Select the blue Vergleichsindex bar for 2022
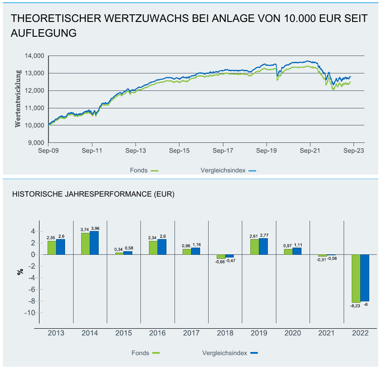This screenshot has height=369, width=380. click(x=365, y=278)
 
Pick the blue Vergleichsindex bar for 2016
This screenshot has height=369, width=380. click(x=162, y=247)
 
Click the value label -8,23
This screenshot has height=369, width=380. click(x=356, y=306)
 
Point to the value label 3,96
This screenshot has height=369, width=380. click(x=95, y=228)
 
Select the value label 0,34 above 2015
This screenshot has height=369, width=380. click(x=119, y=249)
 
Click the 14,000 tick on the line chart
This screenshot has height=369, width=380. click(x=35, y=56)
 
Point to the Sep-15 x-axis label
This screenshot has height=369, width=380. click(x=179, y=151)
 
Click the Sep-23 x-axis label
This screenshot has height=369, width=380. click(x=354, y=151)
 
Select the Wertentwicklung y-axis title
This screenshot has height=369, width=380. click(x=18, y=98)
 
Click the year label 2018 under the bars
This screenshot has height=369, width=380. click(x=225, y=334)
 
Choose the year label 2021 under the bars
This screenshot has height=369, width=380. click(x=327, y=334)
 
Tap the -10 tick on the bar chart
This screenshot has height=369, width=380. click(x=30, y=313)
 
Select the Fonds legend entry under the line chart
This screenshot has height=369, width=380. click(x=144, y=170)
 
